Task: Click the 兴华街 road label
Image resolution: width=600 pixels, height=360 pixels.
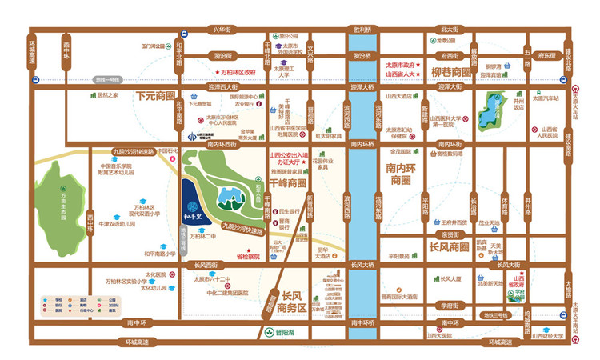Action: [221, 30]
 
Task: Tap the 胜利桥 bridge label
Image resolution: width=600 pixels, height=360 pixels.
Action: [364, 30]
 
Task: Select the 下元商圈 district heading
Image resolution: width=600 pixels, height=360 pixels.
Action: [155, 95]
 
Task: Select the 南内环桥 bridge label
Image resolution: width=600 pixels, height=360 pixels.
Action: [364, 144]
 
